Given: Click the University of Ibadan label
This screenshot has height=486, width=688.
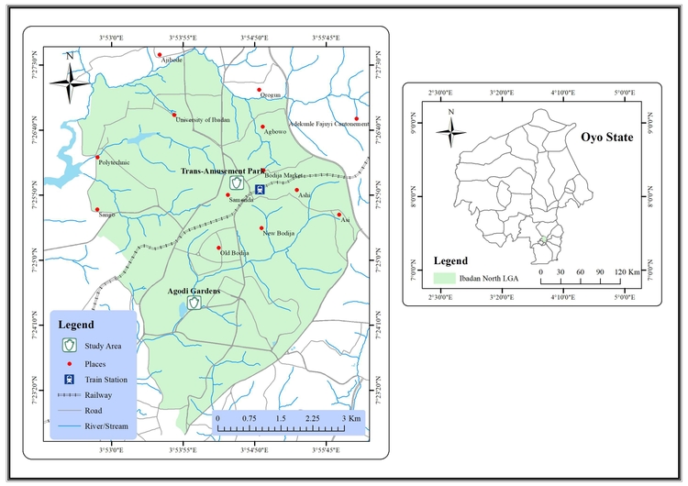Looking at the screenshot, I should (203, 120).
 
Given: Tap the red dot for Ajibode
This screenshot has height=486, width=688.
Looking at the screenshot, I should (160, 55).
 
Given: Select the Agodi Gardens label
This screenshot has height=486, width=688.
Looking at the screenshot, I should (194, 292).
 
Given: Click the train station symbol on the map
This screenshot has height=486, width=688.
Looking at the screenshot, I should (261, 190).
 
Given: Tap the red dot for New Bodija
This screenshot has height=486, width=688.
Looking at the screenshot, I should (261, 227).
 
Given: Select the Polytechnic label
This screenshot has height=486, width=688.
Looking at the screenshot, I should (114, 163).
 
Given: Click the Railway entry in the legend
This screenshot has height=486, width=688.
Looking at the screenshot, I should (99, 395).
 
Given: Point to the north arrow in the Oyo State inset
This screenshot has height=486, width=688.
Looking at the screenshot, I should (450, 130).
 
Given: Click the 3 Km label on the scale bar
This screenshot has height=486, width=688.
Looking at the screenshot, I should (350, 418).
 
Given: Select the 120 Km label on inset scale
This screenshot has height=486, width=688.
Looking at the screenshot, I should (627, 272).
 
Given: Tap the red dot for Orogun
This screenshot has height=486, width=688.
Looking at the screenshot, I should (260, 90).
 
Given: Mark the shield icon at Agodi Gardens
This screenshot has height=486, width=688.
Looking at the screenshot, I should (194, 303).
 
